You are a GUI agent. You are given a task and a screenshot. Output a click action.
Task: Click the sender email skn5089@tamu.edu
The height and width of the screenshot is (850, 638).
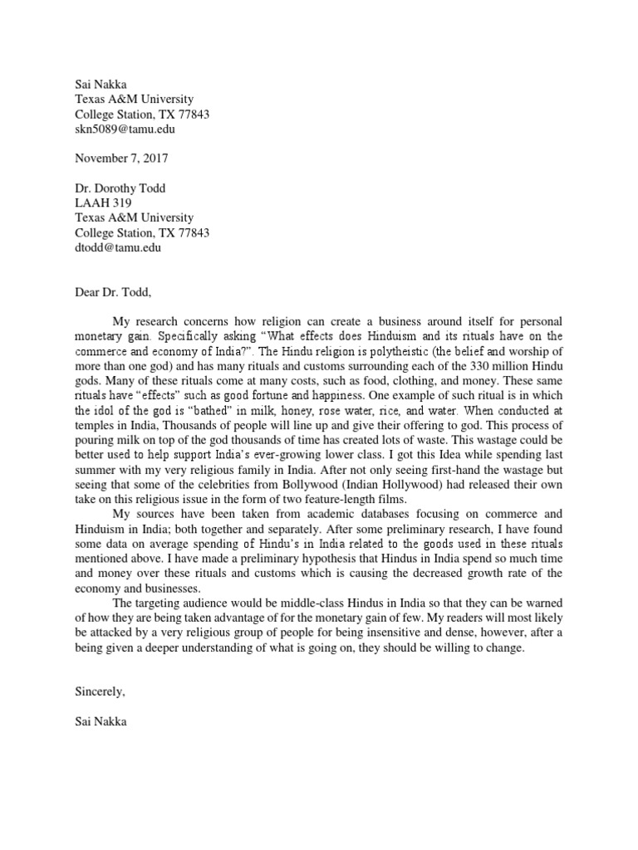click(x=125, y=129)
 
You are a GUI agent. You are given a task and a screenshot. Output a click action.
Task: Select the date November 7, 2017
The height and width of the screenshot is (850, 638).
click(x=121, y=158)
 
